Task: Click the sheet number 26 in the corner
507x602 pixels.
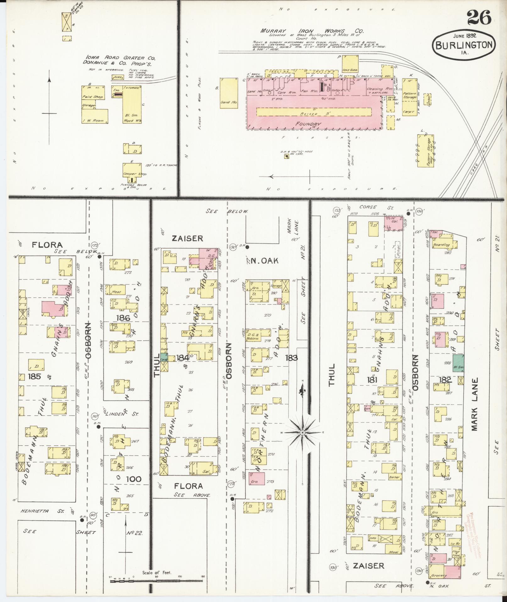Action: coord(479,17)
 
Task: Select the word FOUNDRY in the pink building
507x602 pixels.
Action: coord(308,124)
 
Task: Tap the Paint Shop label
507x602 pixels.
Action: coord(89,97)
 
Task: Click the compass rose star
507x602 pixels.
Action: coord(302,433)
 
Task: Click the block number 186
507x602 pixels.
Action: coord(123,318)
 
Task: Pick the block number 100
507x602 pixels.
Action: coord(134,479)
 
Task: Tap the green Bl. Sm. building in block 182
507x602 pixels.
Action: coord(458,363)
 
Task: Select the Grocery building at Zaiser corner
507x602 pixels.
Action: coord(439,576)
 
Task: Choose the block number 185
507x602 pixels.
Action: coord(34,376)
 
